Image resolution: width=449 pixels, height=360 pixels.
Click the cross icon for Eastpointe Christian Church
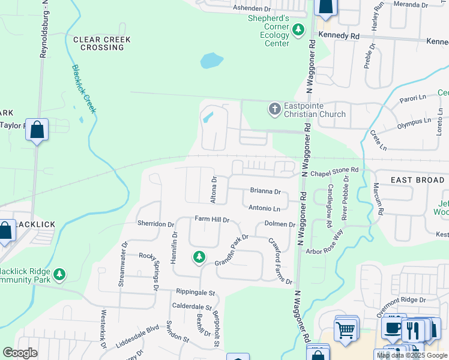pyautogui.click(x=274, y=109)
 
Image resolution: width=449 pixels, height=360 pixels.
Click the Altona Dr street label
pyautogui.click(x=214, y=190)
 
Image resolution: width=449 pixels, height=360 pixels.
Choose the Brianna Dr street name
pyautogui.click(x=265, y=191)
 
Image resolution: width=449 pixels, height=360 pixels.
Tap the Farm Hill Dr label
pyautogui.click(x=211, y=220)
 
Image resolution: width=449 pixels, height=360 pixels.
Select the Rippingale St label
pyautogui.click(x=195, y=293)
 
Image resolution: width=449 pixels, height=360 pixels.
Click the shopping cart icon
pyautogui.click(x=345, y=329)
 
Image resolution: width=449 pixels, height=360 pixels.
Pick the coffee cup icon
pyautogui.click(x=393, y=328)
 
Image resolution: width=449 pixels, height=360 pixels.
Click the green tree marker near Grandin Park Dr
pyautogui.click(x=199, y=257)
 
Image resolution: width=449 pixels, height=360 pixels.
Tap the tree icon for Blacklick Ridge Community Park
pyautogui.click(x=59, y=275)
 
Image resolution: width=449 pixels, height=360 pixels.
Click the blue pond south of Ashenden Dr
pyautogui.click(x=212, y=61)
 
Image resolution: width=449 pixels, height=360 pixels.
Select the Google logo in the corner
pyautogui.click(x=20, y=353)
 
